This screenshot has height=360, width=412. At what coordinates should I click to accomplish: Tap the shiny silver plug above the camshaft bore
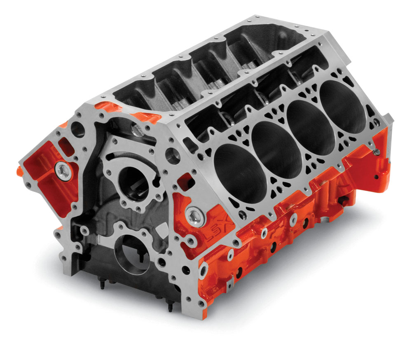point(136,131)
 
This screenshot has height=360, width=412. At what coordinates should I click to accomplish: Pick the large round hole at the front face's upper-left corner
point(77,128)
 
